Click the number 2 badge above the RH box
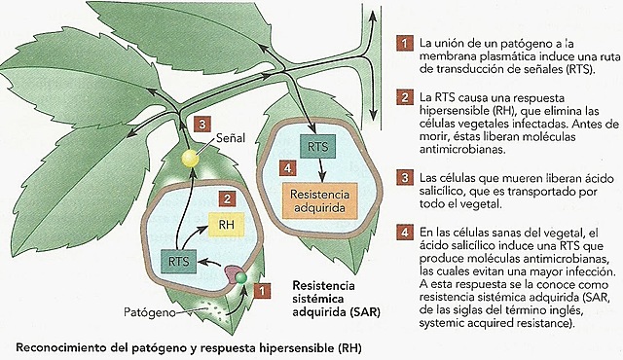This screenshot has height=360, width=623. [x=225, y=198]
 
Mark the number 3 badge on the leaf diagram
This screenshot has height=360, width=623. [x=200, y=126]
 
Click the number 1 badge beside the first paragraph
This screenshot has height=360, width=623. [x=402, y=45]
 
